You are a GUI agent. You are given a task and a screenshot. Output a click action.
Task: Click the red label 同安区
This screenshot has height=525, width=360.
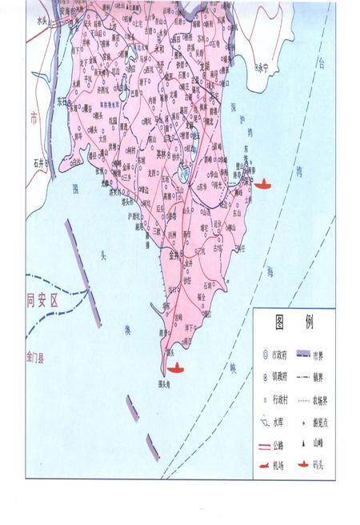coord(43,302)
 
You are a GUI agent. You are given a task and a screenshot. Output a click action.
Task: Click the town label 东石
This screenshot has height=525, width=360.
coord(62,102)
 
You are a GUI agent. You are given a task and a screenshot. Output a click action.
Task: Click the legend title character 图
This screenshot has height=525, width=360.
coord(280,323)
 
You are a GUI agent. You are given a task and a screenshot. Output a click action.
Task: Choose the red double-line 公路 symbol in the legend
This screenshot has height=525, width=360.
coord(264,441)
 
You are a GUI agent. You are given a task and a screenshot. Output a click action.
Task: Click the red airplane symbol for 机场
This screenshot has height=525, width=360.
coord(264,463)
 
